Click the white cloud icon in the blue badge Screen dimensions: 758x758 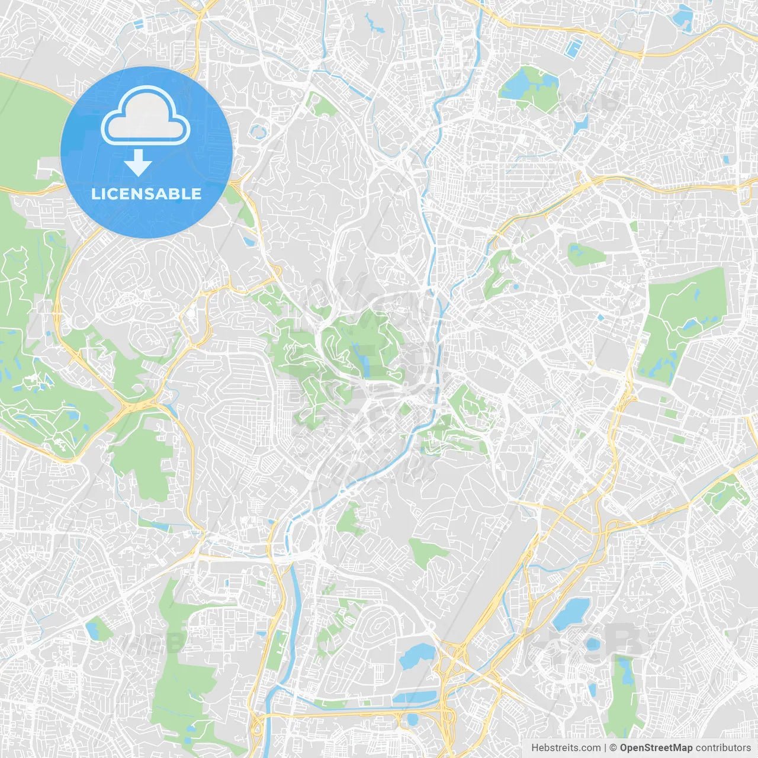click(x=146, y=117)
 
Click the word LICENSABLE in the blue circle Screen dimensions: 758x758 click(x=146, y=194)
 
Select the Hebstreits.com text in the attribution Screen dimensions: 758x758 click(x=566, y=748)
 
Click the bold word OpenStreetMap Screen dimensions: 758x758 click(x=656, y=748)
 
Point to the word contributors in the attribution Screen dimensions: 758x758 click(x=723, y=748)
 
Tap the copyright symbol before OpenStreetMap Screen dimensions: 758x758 click(x=614, y=748)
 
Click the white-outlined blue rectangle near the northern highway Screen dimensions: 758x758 click(x=574, y=49)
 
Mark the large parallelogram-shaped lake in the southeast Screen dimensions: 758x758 click(x=571, y=613)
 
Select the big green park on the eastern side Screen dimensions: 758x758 click(x=681, y=320)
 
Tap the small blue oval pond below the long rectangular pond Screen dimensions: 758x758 click(x=412, y=720)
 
